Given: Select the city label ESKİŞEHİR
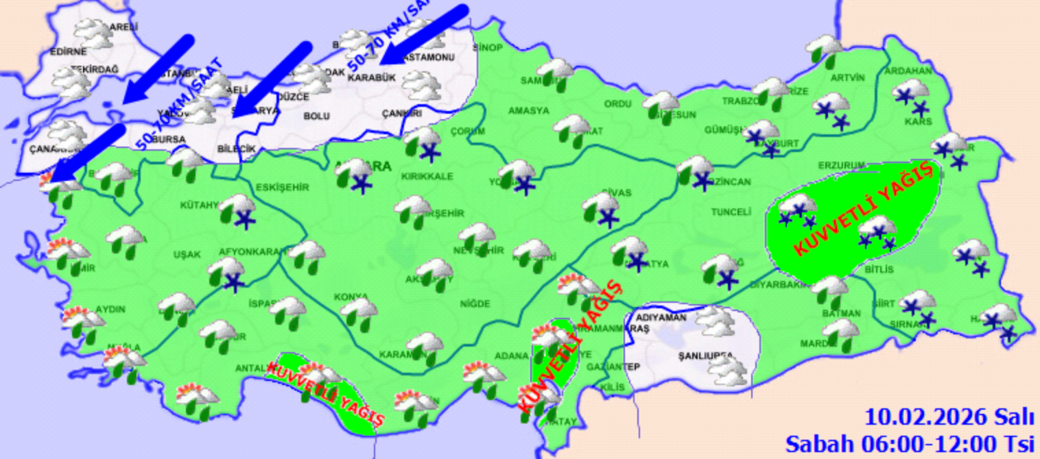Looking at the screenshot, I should [x=281, y=187].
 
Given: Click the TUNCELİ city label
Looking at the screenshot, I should [x=730, y=212].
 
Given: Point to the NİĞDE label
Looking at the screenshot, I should [x=475, y=303].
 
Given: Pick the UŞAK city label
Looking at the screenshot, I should [x=187, y=254].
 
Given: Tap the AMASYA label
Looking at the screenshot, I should [x=528, y=110].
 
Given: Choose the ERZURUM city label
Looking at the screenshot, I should [x=841, y=166].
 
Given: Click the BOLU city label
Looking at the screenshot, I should [x=316, y=116].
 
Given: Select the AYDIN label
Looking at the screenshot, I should [x=110, y=310].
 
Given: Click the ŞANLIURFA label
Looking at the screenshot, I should [x=705, y=356].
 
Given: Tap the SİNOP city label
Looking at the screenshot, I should [x=488, y=47].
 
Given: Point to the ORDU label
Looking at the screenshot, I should [x=617, y=104].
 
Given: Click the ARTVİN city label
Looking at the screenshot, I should [x=847, y=77].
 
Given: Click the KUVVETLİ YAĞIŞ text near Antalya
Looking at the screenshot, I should [x=325, y=393].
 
